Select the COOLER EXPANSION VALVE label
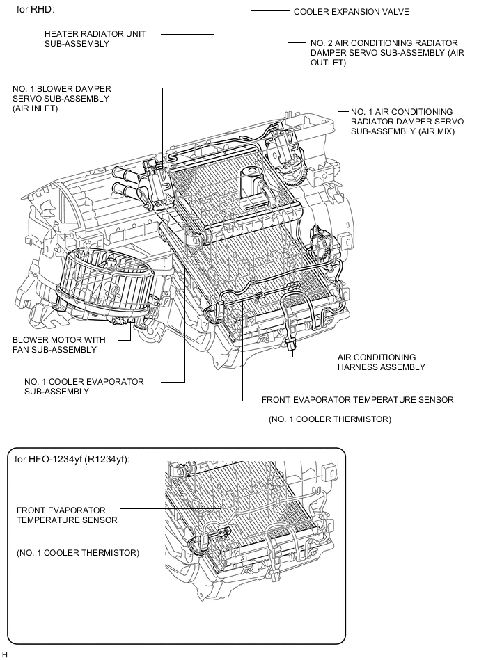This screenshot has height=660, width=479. [x=351, y=12]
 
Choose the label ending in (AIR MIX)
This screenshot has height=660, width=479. [x=402, y=122]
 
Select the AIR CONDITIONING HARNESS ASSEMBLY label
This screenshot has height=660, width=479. [x=381, y=362]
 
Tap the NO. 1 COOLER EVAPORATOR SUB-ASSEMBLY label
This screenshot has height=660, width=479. [x=84, y=387]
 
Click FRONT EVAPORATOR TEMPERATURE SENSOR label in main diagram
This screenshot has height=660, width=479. [x=357, y=400]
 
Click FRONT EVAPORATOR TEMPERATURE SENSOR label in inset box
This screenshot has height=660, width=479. [x=67, y=515]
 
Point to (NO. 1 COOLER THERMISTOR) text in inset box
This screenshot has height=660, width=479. [x=78, y=553]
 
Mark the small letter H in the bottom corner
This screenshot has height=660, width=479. [x=5, y=654]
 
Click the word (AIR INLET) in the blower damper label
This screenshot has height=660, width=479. [x=35, y=108]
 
